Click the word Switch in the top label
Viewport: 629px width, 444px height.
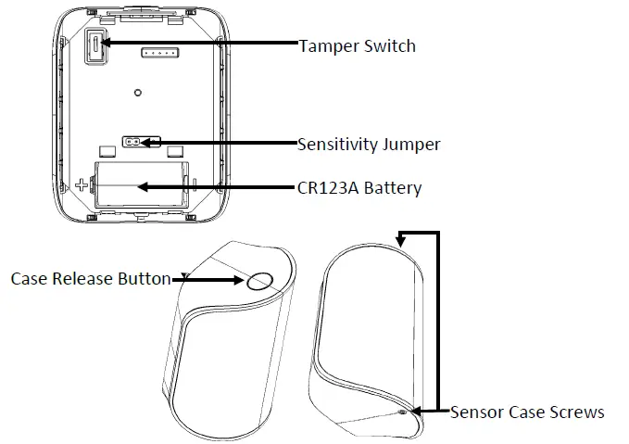coord(389,45)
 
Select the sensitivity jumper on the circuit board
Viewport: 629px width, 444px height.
coord(134,143)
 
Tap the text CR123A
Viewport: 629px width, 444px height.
coord(328,188)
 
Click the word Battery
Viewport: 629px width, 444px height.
coord(392,188)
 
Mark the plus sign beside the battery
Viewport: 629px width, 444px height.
coord(82,184)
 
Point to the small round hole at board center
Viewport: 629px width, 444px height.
coord(137,93)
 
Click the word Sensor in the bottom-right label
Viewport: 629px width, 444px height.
coord(473,412)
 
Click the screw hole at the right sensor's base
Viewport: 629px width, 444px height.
coord(401,412)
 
